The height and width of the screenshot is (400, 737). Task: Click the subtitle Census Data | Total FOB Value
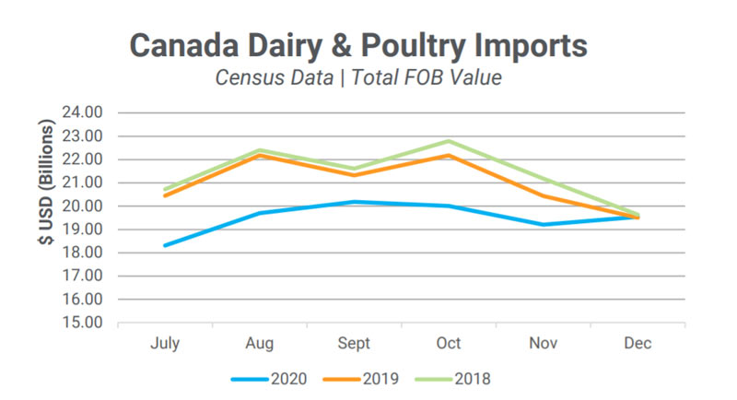(x=357, y=77)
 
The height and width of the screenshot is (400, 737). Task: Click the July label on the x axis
(x=165, y=344)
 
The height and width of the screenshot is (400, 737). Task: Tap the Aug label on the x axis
(x=259, y=344)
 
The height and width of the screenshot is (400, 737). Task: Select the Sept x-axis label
(x=354, y=344)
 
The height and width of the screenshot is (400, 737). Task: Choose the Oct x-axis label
(x=449, y=344)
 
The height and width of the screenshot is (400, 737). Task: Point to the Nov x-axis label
(x=543, y=344)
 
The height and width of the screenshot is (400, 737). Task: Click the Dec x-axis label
(x=638, y=344)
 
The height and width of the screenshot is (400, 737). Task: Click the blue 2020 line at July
(x=165, y=245)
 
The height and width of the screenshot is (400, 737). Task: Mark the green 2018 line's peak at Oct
(x=449, y=141)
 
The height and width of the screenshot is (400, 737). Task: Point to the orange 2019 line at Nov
(x=543, y=195)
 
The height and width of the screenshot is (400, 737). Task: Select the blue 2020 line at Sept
(x=354, y=201)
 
